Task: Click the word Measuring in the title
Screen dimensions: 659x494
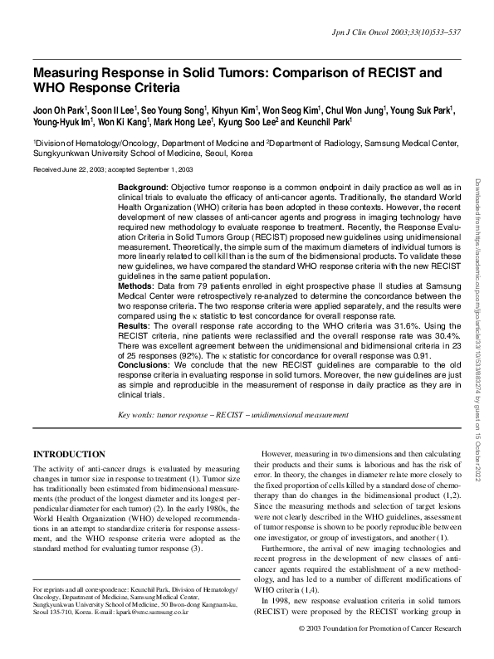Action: [x=71, y=73]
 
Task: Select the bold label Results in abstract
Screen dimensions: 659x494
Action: [x=135, y=350]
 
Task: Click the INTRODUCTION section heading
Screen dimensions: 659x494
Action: [x=69, y=454]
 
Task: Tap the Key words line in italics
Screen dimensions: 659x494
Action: [x=232, y=415]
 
